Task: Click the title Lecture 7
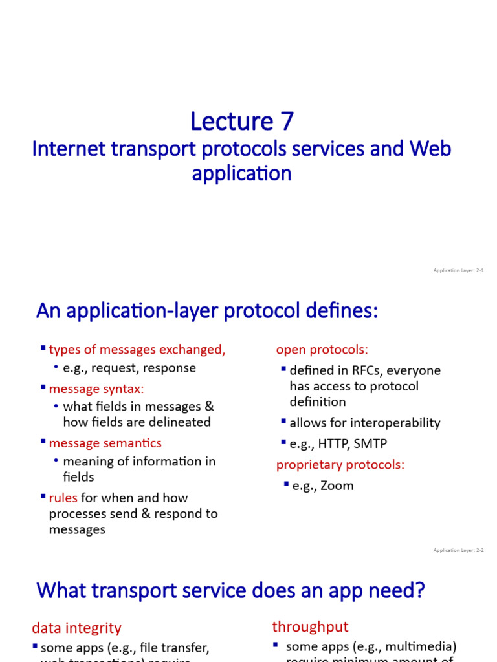tap(241, 122)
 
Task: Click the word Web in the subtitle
tap(430, 149)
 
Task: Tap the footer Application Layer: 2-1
tap(458, 270)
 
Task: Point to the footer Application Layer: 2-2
tap(458, 550)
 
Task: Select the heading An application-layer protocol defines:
tap(206, 312)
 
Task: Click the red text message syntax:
tap(96, 389)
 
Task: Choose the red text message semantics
tap(105, 443)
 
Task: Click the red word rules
tap(63, 498)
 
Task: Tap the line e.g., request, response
tap(129, 368)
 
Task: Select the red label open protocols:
tap(322, 350)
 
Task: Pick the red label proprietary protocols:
tap(340, 465)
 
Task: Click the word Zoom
tap(337, 486)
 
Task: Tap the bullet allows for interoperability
tap(364, 423)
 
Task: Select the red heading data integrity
tap(76, 628)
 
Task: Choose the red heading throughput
tap(310, 626)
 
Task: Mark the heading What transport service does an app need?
tap(232, 590)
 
